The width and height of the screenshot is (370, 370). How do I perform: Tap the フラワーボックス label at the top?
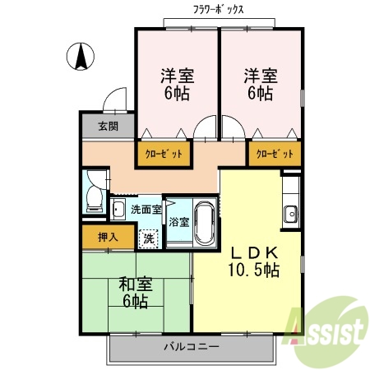pos(218,9)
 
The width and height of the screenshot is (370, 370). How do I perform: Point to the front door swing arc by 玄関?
pos(115,100)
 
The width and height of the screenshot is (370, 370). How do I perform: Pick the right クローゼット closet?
pos(274,154)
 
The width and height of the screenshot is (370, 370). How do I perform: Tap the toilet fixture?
pos(92,193)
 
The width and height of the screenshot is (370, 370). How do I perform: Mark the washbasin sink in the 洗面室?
pos(118,210)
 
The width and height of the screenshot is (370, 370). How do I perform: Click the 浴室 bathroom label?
pos(178,221)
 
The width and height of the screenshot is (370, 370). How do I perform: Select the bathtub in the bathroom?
pos(205,220)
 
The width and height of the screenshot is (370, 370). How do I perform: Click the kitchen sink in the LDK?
pos(290,215)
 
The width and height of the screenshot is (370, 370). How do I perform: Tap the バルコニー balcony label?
pos(191,347)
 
